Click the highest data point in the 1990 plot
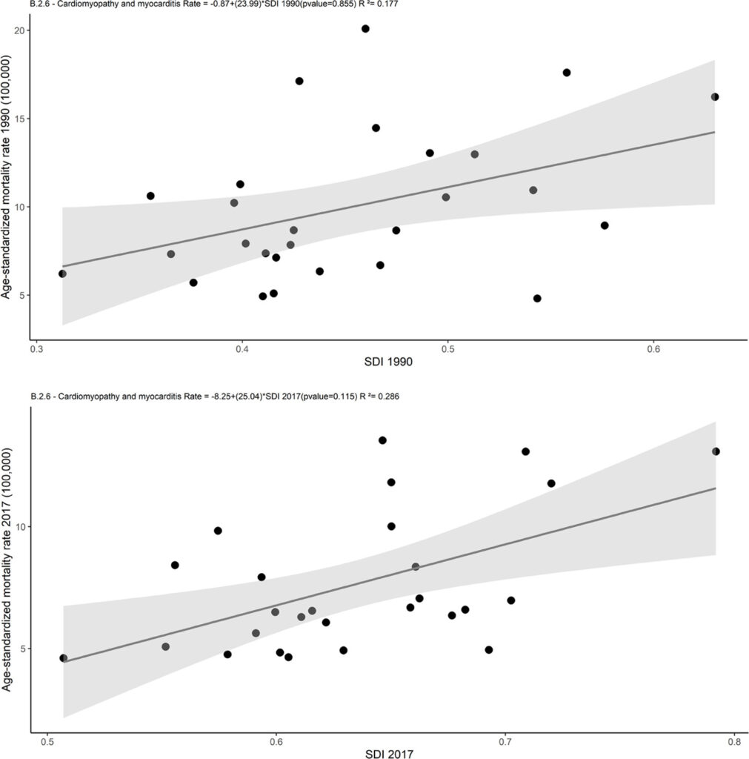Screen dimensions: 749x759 (365, 29)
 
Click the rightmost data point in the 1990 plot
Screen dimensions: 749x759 (715, 97)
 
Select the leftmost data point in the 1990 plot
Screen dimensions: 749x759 (62, 274)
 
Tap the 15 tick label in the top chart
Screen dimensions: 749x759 (19, 119)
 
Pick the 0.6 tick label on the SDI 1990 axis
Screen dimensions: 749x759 (653, 350)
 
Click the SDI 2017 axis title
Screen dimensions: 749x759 (389, 754)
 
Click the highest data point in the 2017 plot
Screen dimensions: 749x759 (382, 440)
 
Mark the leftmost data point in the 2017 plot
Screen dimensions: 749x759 (64, 658)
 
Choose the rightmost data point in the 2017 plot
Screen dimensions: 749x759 (716, 451)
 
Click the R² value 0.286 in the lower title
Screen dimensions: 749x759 (388, 397)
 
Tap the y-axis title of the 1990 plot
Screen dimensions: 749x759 (6, 176)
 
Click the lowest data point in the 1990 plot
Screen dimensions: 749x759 (537, 299)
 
